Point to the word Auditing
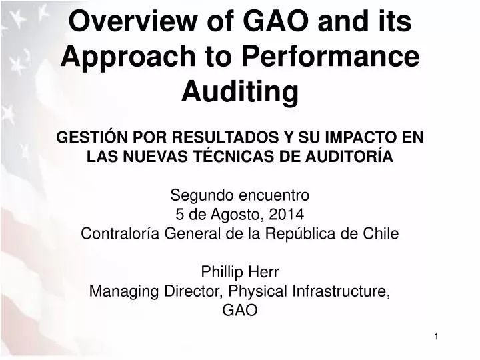(x=240, y=92)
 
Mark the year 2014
(x=287, y=215)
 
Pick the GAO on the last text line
(x=240, y=310)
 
